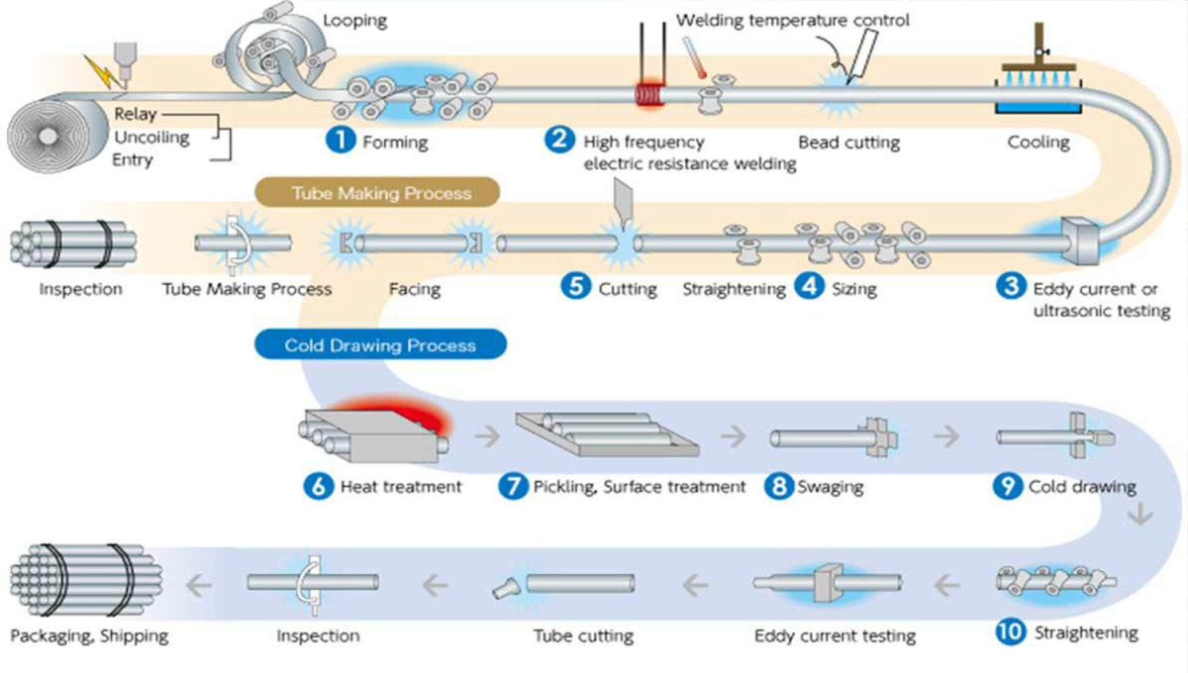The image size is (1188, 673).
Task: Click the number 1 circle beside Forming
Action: coord(341,141)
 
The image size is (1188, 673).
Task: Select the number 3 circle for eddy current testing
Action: coord(1010,287)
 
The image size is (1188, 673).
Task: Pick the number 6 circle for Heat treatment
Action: coord(318,486)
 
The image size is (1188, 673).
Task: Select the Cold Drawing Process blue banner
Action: coord(380,345)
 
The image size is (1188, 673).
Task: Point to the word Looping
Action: coord(354,20)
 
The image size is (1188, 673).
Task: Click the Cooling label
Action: coord(1039,142)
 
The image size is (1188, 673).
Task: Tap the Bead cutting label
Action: coord(848,142)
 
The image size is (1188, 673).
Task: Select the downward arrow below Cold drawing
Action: coord(1144,515)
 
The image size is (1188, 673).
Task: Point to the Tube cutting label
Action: coord(583,634)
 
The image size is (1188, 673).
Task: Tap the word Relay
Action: coord(136,115)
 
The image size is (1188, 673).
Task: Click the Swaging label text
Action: coord(830,486)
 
